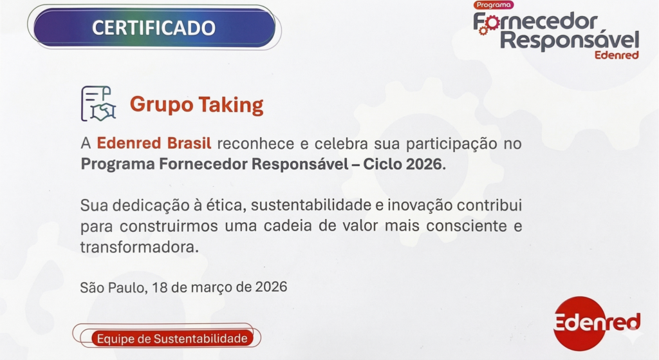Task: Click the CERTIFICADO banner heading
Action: click(x=153, y=28)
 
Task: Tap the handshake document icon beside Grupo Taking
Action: click(x=98, y=104)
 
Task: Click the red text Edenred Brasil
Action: click(x=154, y=143)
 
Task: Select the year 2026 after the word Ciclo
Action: click(x=423, y=164)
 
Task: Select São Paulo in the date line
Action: click(x=111, y=287)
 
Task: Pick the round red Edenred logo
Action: click(x=582, y=323)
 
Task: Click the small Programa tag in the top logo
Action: click(x=494, y=5)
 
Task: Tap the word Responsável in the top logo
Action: click(x=570, y=40)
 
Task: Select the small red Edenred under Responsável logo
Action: click(x=617, y=55)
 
